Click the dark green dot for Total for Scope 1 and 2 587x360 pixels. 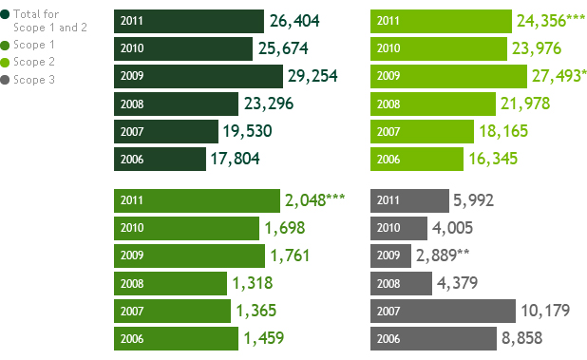pyautogui.click(x=6, y=14)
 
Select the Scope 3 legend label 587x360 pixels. pyautogui.click(x=34, y=80)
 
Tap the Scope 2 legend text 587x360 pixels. pyautogui.click(x=34, y=62)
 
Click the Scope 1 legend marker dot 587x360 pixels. pyautogui.click(x=6, y=45)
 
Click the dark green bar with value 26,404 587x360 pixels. pyautogui.click(x=188, y=21)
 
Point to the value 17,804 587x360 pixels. pyautogui.click(x=236, y=159)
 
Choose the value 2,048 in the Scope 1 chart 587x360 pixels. pyautogui.click(x=314, y=200)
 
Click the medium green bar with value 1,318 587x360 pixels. pyautogui.click(x=170, y=283)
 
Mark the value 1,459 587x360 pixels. pyautogui.click(x=264, y=338)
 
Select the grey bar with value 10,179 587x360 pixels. pyautogui.click(x=443, y=311)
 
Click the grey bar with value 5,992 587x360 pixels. pyautogui.click(x=408, y=200)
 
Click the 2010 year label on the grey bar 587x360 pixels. pyautogui.click(x=388, y=228)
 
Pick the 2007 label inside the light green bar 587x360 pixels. pyautogui.click(x=388, y=131)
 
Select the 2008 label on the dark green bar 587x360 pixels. pyautogui.click(x=132, y=104)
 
